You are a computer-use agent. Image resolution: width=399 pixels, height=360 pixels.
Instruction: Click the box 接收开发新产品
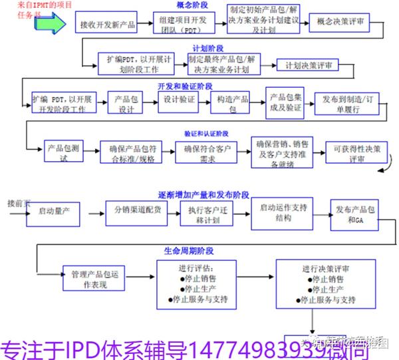point(107,25)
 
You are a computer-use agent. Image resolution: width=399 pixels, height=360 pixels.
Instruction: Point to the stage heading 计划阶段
point(207,48)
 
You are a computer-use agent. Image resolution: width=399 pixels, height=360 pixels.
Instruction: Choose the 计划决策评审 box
point(311,65)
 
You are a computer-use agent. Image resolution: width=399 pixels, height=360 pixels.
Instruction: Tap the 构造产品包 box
point(236,103)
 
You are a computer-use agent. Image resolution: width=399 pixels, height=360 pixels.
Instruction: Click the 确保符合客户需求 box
point(207,152)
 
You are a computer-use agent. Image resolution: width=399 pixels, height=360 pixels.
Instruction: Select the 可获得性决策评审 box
point(357,152)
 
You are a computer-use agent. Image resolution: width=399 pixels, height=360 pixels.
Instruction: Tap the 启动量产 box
point(58,212)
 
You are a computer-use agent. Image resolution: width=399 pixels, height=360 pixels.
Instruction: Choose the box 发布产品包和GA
point(358,215)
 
